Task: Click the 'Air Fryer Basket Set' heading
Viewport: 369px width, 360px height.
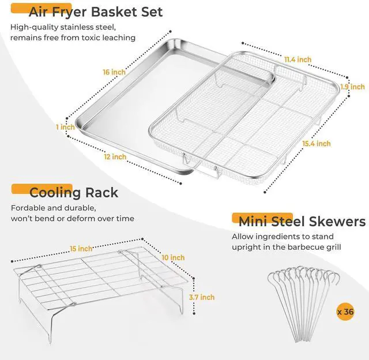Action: [95, 12]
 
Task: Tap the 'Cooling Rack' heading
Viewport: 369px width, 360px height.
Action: [73, 192]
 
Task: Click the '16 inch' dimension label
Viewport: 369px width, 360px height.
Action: [114, 72]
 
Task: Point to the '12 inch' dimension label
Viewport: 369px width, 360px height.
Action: [115, 157]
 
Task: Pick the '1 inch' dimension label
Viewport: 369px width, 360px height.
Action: [65, 127]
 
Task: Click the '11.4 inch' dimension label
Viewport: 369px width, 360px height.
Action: [297, 59]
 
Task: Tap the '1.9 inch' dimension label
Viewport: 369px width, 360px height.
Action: [352, 87]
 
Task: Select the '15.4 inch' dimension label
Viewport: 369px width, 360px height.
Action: [315, 144]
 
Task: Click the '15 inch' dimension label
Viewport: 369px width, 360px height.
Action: [81, 249]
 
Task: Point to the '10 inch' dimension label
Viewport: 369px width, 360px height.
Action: [173, 257]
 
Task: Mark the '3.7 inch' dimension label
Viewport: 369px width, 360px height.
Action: [202, 297]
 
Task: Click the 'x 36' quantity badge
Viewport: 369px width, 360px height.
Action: [345, 312]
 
